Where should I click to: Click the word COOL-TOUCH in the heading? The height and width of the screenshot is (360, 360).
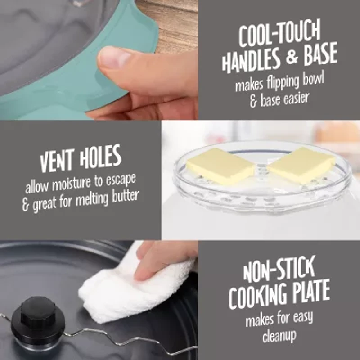(279, 34)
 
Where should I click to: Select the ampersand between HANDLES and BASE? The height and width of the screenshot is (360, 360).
(292, 57)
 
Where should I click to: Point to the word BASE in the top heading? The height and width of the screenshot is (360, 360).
(320, 54)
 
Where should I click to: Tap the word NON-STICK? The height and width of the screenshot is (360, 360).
(279, 270)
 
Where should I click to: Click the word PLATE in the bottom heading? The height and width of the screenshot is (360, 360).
(310, 291)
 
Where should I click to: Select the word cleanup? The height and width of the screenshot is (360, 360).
(279, 336)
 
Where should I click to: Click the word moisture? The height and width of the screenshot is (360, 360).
(72, 184)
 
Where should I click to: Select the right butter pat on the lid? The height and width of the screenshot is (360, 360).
(301, 165)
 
